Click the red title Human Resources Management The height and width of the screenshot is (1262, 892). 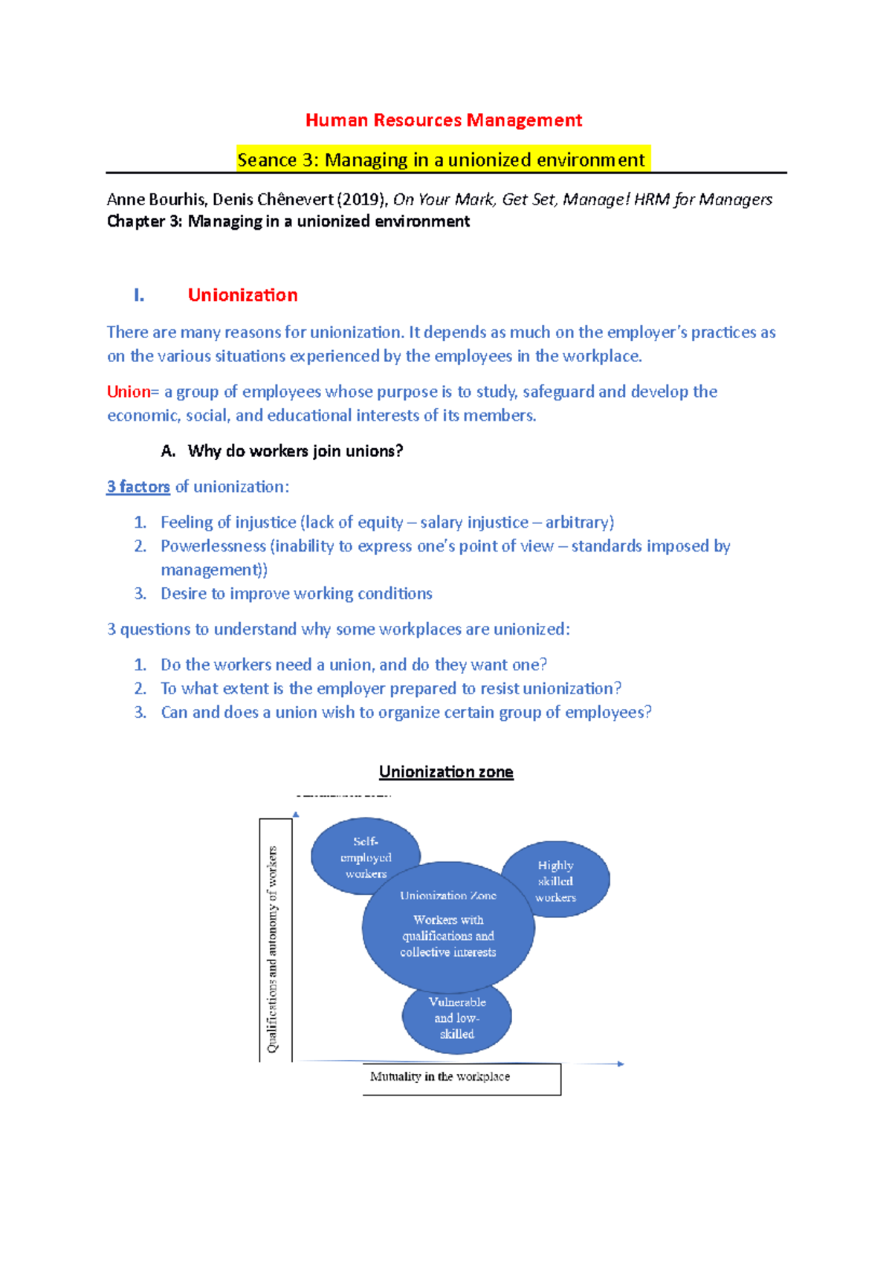[x=444, y=120]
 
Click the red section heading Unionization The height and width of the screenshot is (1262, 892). [x=242, y=295]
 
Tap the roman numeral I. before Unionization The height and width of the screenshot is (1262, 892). [x=139, y=295]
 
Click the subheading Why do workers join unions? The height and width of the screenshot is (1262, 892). [x=295, y=451]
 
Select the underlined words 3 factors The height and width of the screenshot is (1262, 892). [x=138, y=487]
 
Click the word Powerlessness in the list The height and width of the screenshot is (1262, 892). [x=213, y=546]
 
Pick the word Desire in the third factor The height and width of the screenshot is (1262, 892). [x=183, y=594]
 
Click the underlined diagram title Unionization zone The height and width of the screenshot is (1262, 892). [x=446, y=771]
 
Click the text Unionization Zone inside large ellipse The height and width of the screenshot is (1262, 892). [x=448, y=896]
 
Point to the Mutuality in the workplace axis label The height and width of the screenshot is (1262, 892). [x=440, y=1076]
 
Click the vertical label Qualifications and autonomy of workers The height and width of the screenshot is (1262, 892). [x=273, y=949]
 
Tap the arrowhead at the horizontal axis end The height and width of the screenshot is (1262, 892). [x=620, y=1064]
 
